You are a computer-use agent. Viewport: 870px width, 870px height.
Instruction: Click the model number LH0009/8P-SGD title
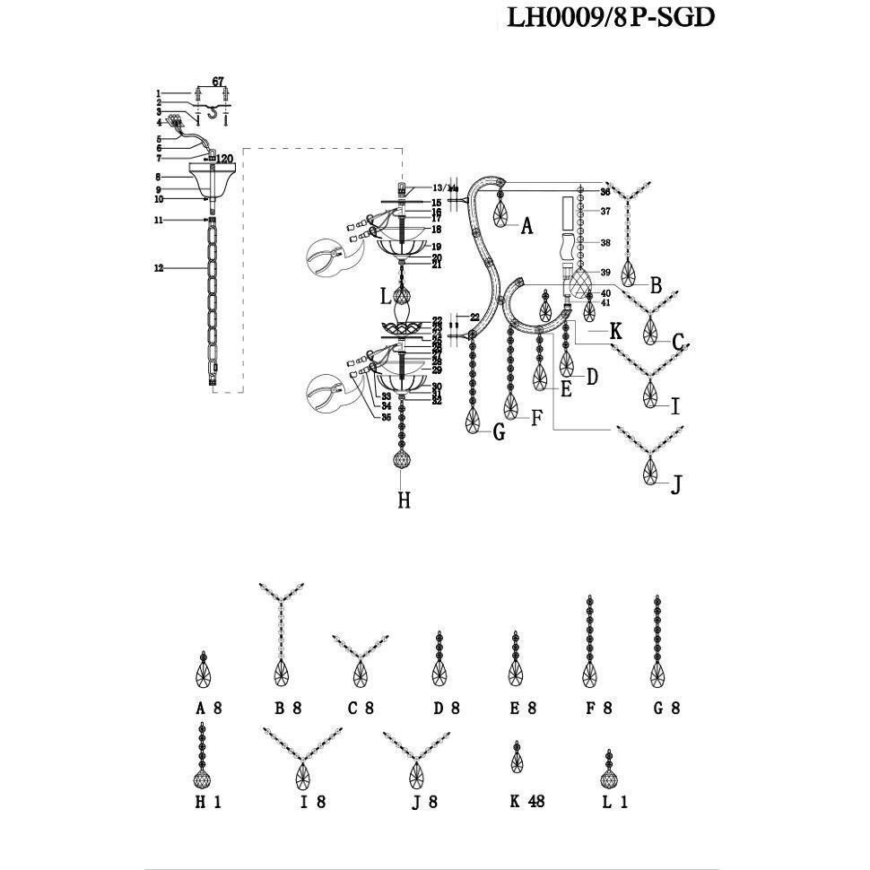(611, 17)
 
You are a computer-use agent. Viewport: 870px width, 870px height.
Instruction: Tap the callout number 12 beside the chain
(159, 268)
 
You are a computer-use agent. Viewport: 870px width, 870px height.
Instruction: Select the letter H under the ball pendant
(404, 500)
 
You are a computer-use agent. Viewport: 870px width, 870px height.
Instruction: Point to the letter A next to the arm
(527, 227)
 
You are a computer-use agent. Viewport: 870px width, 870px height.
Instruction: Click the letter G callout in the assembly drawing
(499, 433)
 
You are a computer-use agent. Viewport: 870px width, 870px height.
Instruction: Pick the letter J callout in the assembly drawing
(677, 485)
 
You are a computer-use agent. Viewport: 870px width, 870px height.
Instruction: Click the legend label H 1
(208, 803)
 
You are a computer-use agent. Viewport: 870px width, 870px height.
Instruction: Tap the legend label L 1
(615, 803)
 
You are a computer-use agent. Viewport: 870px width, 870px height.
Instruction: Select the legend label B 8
(288, 708)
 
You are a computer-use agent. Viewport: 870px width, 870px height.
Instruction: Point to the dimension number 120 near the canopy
(223, 159)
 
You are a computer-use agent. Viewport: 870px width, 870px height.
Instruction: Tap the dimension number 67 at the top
(217, 82)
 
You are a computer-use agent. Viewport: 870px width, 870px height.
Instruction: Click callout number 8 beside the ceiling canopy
(158, 178)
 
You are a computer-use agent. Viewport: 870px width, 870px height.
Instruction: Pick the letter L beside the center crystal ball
(384, 295)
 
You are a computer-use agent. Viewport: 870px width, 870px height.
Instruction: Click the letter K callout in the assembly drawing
(615, 332)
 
